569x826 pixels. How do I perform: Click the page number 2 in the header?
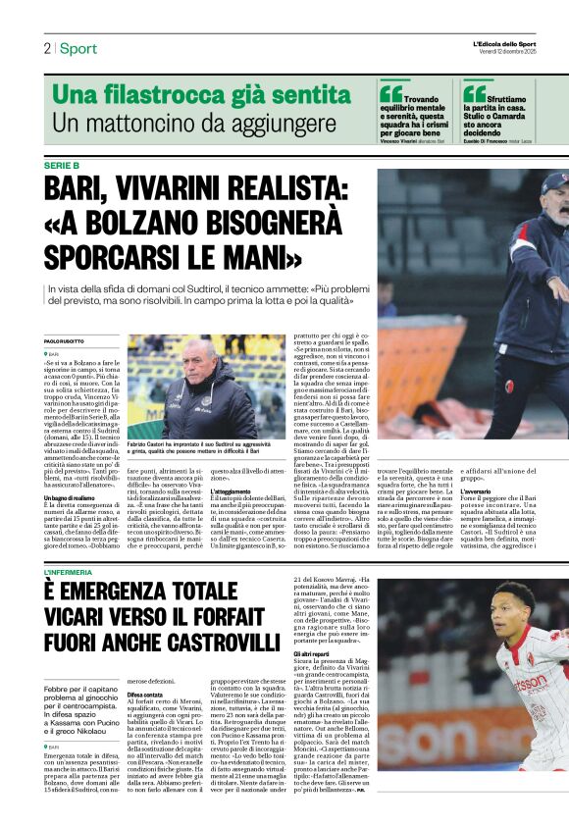tap(46, 49)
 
